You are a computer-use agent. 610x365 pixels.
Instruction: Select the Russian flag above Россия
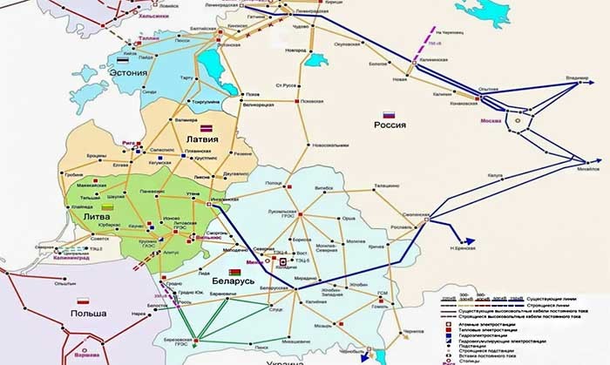pos(390,114)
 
